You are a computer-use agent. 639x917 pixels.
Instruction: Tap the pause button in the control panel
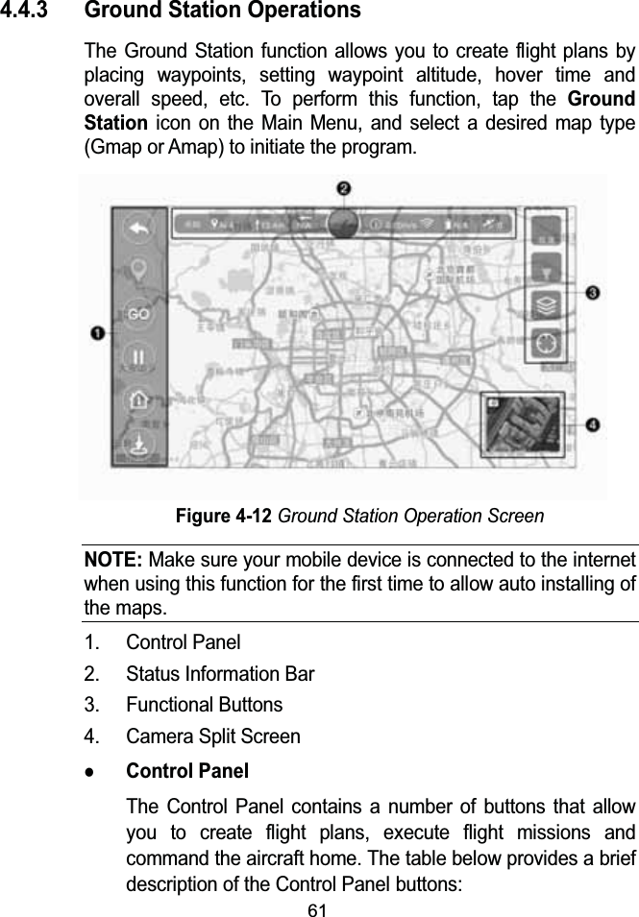coord(139,357)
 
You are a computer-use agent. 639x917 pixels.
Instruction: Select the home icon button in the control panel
coord(139,400)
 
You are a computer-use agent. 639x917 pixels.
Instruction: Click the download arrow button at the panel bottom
coord(139,444)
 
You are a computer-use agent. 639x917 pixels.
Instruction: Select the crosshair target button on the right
coord(549,343)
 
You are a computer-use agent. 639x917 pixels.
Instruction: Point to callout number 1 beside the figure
coord(98,332)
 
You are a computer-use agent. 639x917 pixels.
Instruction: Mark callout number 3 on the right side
coord(593,292)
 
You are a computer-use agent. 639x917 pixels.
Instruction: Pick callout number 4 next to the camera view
coord(593,424)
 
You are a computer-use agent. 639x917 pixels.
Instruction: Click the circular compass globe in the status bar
coord(343,223)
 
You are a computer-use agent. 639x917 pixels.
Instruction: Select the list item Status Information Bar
coord(220,673)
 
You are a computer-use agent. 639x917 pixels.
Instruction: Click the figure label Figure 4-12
coord(225,516)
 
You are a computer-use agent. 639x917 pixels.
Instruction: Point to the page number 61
coord(318,908)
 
